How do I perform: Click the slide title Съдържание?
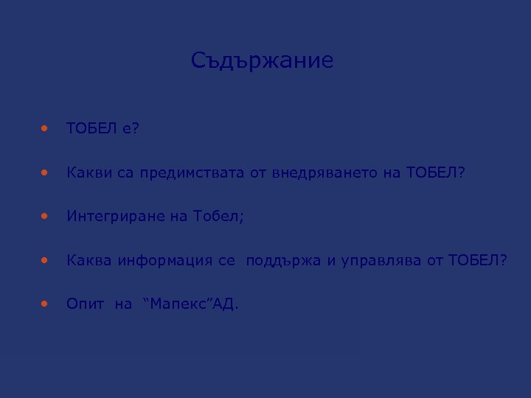(x=262, y=60)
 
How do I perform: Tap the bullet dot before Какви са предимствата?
(x=46, y=172)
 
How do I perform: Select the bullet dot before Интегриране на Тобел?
(x=46, y=216)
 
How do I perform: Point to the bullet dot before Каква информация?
(x=46, y=259)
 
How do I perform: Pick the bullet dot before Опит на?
(x=46, y=302)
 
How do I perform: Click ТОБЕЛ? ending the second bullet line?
(x=436, y=173)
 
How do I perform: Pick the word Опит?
(x=83, y=303)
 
